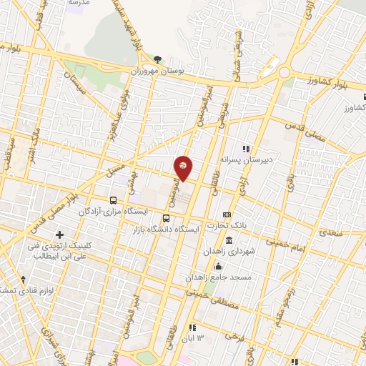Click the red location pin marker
click(x=184, y=167)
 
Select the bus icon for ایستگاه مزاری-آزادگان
click(x=113, y=201)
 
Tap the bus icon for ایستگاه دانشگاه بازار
click(x=167, y=219)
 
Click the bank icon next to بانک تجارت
click(x=227, y=214)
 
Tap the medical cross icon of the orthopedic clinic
click(x=59, y=234)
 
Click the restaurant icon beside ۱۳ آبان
click(x=192, y=327)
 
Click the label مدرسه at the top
click(x=77, y=3)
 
